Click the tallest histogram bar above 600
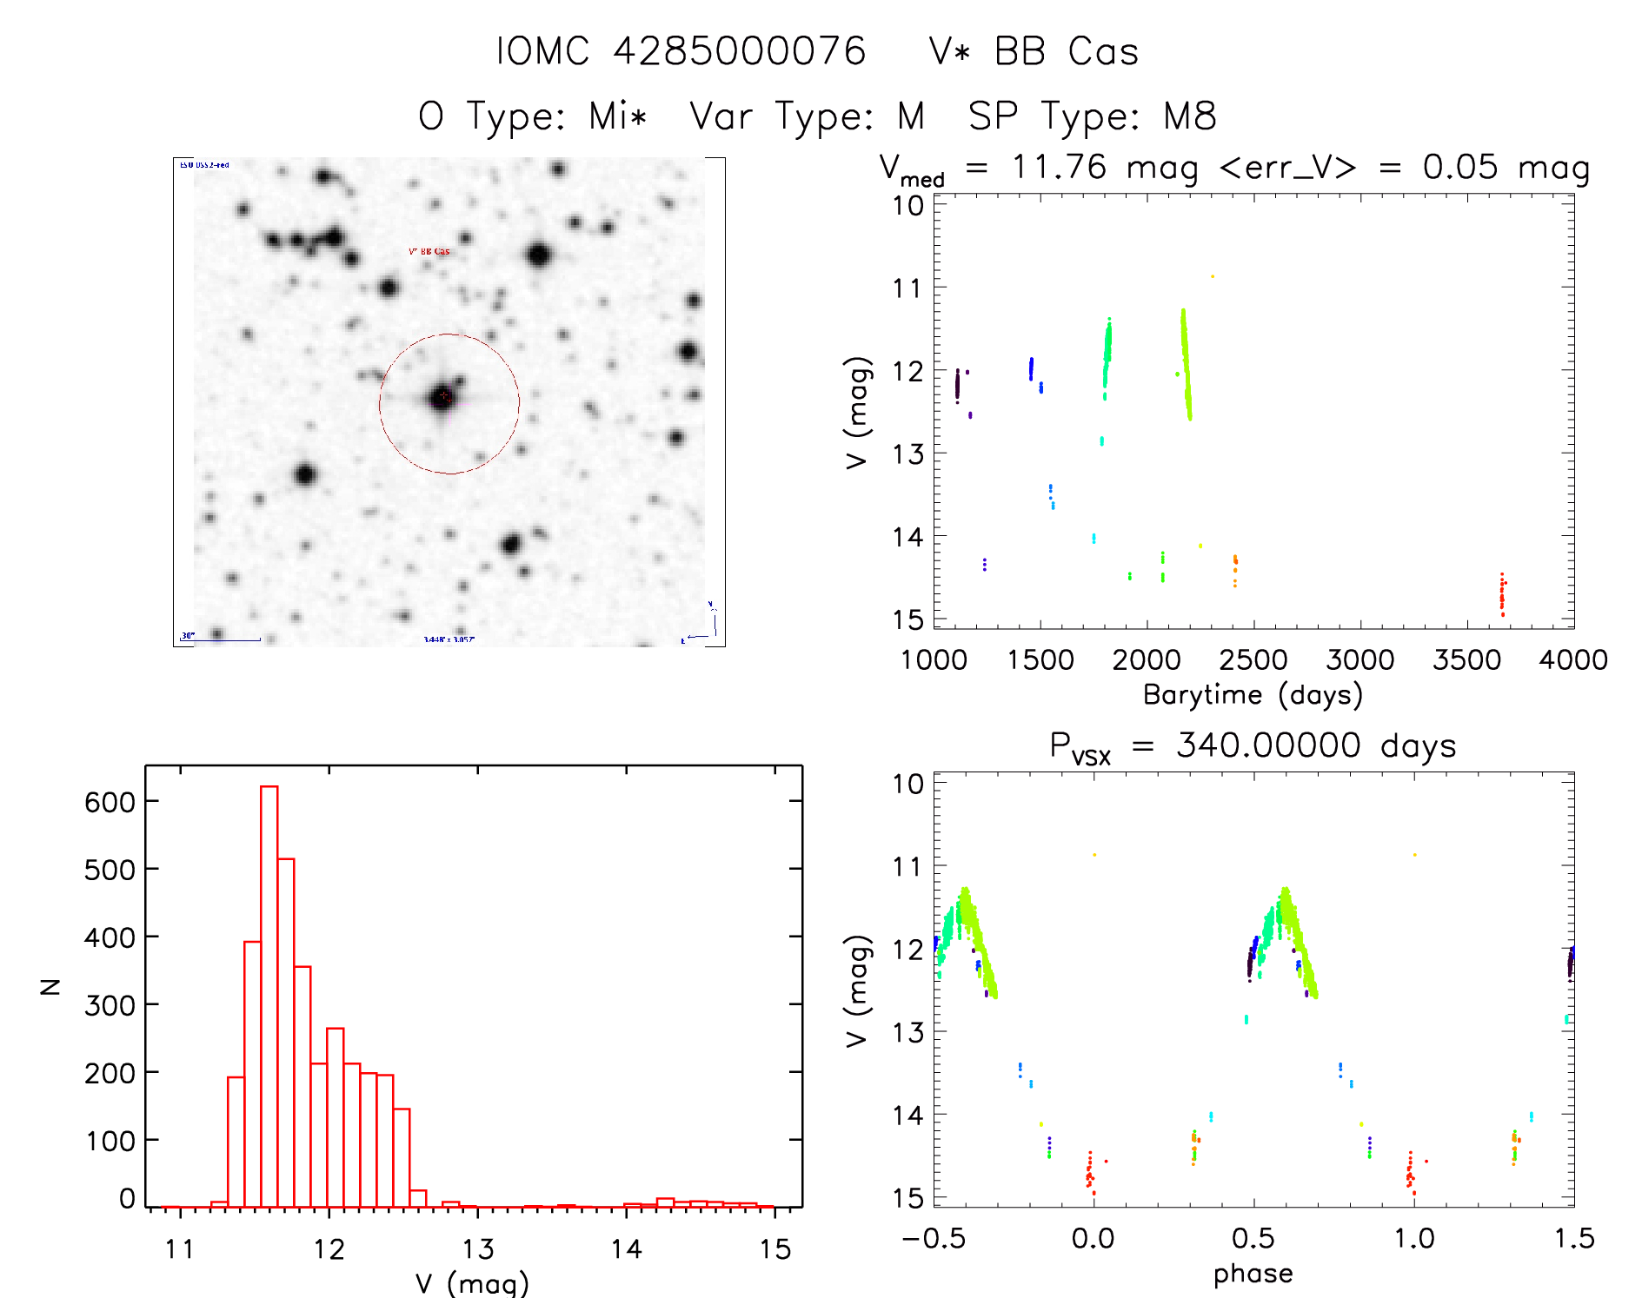point(269,995)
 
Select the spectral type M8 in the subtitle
point(1190,116)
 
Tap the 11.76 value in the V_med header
point(1059,167)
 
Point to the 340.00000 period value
point(1268,745)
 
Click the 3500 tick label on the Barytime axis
point(1466,660)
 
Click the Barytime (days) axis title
point(1253,695)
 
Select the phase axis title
point(1253,1274)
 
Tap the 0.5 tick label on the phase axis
point(1253,1239)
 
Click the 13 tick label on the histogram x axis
point(477,1250)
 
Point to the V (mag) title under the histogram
point(472,1282)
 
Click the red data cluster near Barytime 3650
point(1501,595)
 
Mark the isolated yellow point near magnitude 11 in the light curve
point(1213,276)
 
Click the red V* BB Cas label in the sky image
point(429,252)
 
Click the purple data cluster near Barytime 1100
point(958,385)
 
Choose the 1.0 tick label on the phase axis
point(1413,1239)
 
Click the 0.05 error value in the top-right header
point(1460,167)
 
